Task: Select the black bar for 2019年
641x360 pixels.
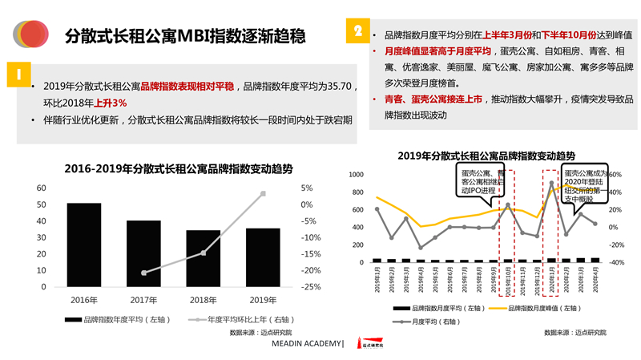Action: point(263,257)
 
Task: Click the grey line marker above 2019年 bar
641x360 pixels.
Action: point(263,193)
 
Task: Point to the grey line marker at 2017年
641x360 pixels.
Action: point(143,273)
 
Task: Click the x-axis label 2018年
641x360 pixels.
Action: point(203,301)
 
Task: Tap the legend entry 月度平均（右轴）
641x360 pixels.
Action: point(432,321)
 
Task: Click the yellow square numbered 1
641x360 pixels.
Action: point(17,74)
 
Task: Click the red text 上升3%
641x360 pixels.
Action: point(110,103)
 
